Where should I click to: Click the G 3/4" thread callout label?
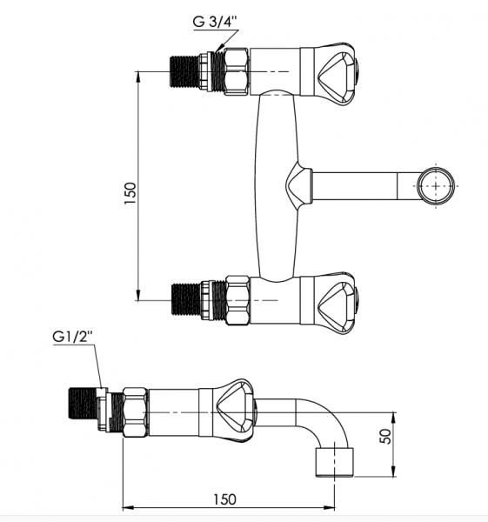215,22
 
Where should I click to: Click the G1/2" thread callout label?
72,337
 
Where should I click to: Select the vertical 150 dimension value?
130,193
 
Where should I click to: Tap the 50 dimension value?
384,436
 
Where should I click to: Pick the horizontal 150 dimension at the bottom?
224,499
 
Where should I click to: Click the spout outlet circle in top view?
436,186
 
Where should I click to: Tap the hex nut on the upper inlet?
237,71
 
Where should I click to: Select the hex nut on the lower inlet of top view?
237,300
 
